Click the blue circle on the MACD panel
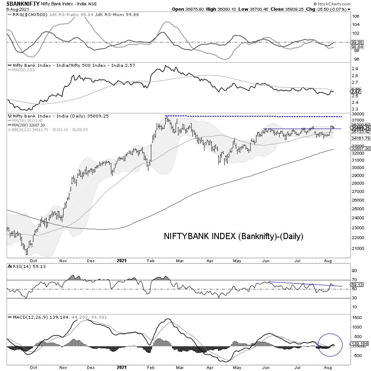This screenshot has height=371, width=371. tap(331, 345)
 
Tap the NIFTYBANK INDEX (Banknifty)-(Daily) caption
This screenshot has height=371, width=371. tap(234, 236)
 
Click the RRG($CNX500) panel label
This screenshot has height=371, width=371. tap(27, 14)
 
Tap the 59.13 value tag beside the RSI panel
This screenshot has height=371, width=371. tap(356, 284)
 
